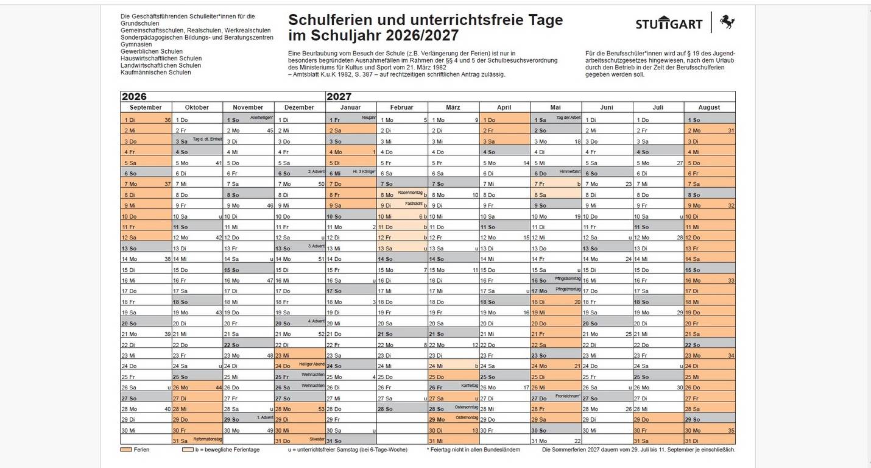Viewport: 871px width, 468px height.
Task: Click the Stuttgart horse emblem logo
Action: [x=727, y=22]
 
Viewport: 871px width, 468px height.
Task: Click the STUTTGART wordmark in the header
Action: [x=670, y=24]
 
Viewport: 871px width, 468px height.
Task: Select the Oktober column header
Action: [x=197, y=107]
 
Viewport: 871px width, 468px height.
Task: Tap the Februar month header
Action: [x=401, y=107]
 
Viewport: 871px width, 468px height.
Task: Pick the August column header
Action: [x=709, y=107]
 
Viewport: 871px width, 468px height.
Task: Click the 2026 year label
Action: [x=134, y=96]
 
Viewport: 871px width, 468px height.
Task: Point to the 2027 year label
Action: [x=339, y=96]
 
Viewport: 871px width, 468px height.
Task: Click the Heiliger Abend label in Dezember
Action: [x=311, y=364]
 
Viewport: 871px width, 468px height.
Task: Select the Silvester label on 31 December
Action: [x=316, y=439]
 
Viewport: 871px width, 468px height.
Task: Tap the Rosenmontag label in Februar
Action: [x=410, y=193]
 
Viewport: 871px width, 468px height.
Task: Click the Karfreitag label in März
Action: [x=470, y=385]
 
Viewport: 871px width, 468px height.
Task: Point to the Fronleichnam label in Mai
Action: [x=568, y=395]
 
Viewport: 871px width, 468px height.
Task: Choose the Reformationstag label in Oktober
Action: [x=207, y=439]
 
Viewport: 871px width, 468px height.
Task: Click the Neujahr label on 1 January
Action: [x=368, y=117]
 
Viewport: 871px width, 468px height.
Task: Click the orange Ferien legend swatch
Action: [x=126, y=450]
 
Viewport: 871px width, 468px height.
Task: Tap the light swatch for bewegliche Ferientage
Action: [x=188, y=450]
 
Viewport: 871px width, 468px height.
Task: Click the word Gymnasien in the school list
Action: [x=136, y=44]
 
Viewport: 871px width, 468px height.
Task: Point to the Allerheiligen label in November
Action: [x=262, y=117]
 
